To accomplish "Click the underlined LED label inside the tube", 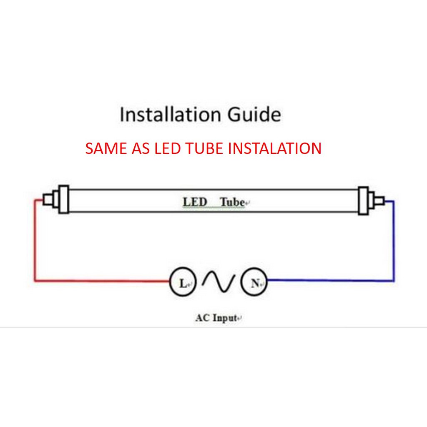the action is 195,202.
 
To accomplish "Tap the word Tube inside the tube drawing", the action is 232,202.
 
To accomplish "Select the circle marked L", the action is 182,284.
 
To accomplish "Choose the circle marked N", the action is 254,284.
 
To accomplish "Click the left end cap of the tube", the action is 63,199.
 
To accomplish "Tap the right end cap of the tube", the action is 363,201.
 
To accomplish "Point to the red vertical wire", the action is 35,240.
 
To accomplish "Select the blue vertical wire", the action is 393,240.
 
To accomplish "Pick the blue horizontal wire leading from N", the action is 329,281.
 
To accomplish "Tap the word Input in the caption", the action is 225,318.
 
